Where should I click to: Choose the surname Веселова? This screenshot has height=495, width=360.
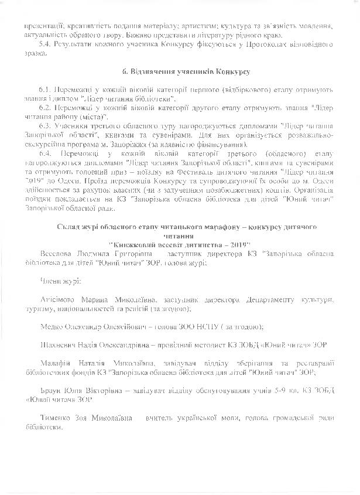tap(58, 253)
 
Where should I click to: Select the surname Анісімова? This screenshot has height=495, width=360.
tap(62, 301)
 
